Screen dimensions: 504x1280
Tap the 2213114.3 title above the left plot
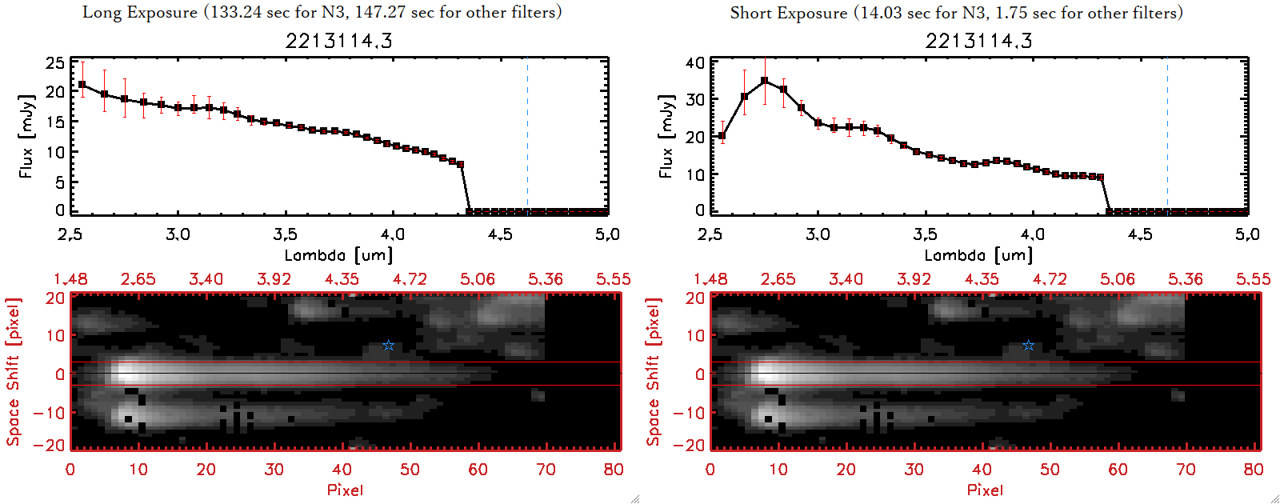click(x=338, y=41)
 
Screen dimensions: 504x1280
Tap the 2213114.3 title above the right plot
click(x=978, y=41)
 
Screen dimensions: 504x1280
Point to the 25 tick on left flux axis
click(x=55, y=62)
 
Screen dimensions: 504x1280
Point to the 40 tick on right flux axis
click(x=695, y=62)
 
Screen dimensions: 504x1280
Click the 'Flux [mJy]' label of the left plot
click(x=26, y=136)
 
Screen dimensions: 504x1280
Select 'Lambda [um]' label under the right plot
click(x=978, y=255)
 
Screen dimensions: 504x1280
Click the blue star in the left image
click(x=389, y=346)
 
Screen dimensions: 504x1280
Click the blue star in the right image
click(x=1029, y=346)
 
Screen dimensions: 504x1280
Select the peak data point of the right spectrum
click(x=765, y=81)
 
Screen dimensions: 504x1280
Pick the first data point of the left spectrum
click(x=82, y=84)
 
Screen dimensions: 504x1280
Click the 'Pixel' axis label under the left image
click(x=345, y=490)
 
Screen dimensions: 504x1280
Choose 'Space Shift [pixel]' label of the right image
click(x=653, y=372)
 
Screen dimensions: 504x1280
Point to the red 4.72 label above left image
click(x=410, y=279)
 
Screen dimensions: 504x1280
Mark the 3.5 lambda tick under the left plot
click(x=285, y=234)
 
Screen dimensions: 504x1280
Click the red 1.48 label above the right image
click(x=710, y=279)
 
